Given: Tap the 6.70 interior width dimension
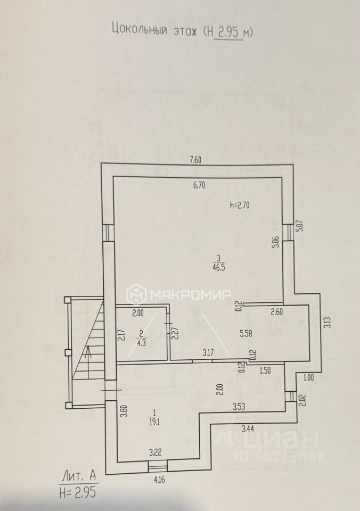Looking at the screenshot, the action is (x=200, y=186).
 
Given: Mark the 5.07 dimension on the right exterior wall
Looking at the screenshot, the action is (x=299, y=226).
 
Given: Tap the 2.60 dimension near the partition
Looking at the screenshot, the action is (x=276, y=312).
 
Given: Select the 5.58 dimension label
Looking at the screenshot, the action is (x=246, y=334).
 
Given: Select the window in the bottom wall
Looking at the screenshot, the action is (x=158, y=466).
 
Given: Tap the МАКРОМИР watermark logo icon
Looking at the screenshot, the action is (x=136, y=294).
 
